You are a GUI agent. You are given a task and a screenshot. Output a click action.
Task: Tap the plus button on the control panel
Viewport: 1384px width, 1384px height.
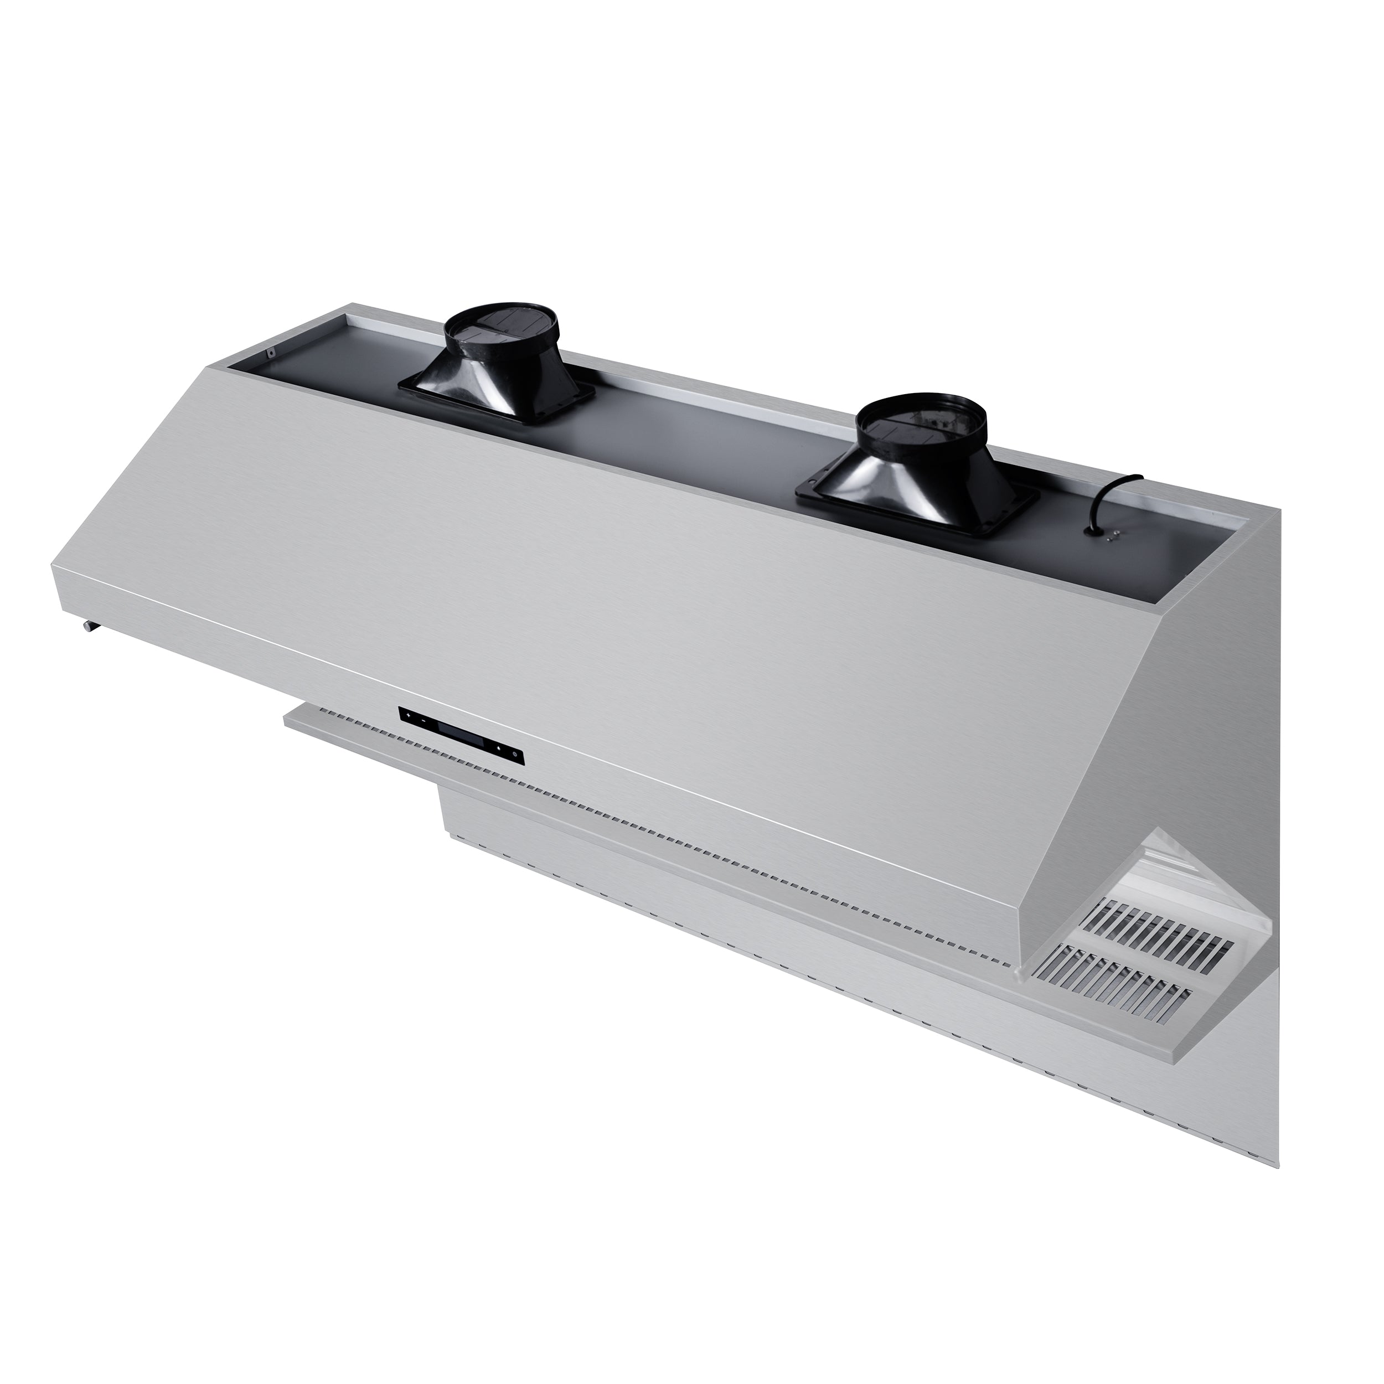pyautogui.click(x=409, y=716)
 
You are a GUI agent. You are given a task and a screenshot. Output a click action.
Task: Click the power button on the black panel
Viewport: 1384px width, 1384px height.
pyautogui.click(x=515, y=755)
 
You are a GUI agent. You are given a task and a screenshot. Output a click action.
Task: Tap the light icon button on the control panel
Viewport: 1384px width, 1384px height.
pyautogui.click(x=499, y=748)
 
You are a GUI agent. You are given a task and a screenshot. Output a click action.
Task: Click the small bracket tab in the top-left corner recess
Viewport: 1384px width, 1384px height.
pyautogui.click(x=272, y=353)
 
